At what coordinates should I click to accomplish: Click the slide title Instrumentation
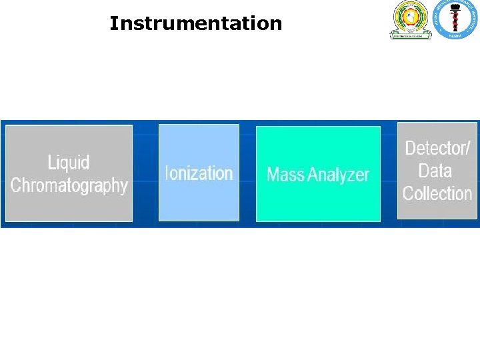coord(195,24)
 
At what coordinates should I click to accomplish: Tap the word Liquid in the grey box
coord(69,163)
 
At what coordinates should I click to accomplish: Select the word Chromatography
coord(69,185)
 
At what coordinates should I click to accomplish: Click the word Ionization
coord(199,174)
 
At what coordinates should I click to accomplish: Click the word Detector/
coord(437,148)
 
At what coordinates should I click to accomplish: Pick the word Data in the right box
coord(435,171)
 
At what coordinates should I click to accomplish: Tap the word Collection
coord(437,194)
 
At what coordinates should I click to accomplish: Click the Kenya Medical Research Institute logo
coord(456,19)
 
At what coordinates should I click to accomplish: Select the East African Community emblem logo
coord(411,19)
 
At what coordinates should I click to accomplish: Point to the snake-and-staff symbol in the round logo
coord(456,17)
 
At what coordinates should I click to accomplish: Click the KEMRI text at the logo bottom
coord(456,35)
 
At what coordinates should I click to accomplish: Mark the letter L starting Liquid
coord(51,163)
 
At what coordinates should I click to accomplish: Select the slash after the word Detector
coord(467,148)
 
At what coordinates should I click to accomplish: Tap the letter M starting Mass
coord(273,175)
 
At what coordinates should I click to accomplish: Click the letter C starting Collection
coord(408,194)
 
